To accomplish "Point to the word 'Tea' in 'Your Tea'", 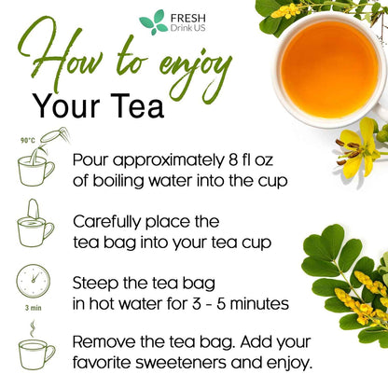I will (136, 105).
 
